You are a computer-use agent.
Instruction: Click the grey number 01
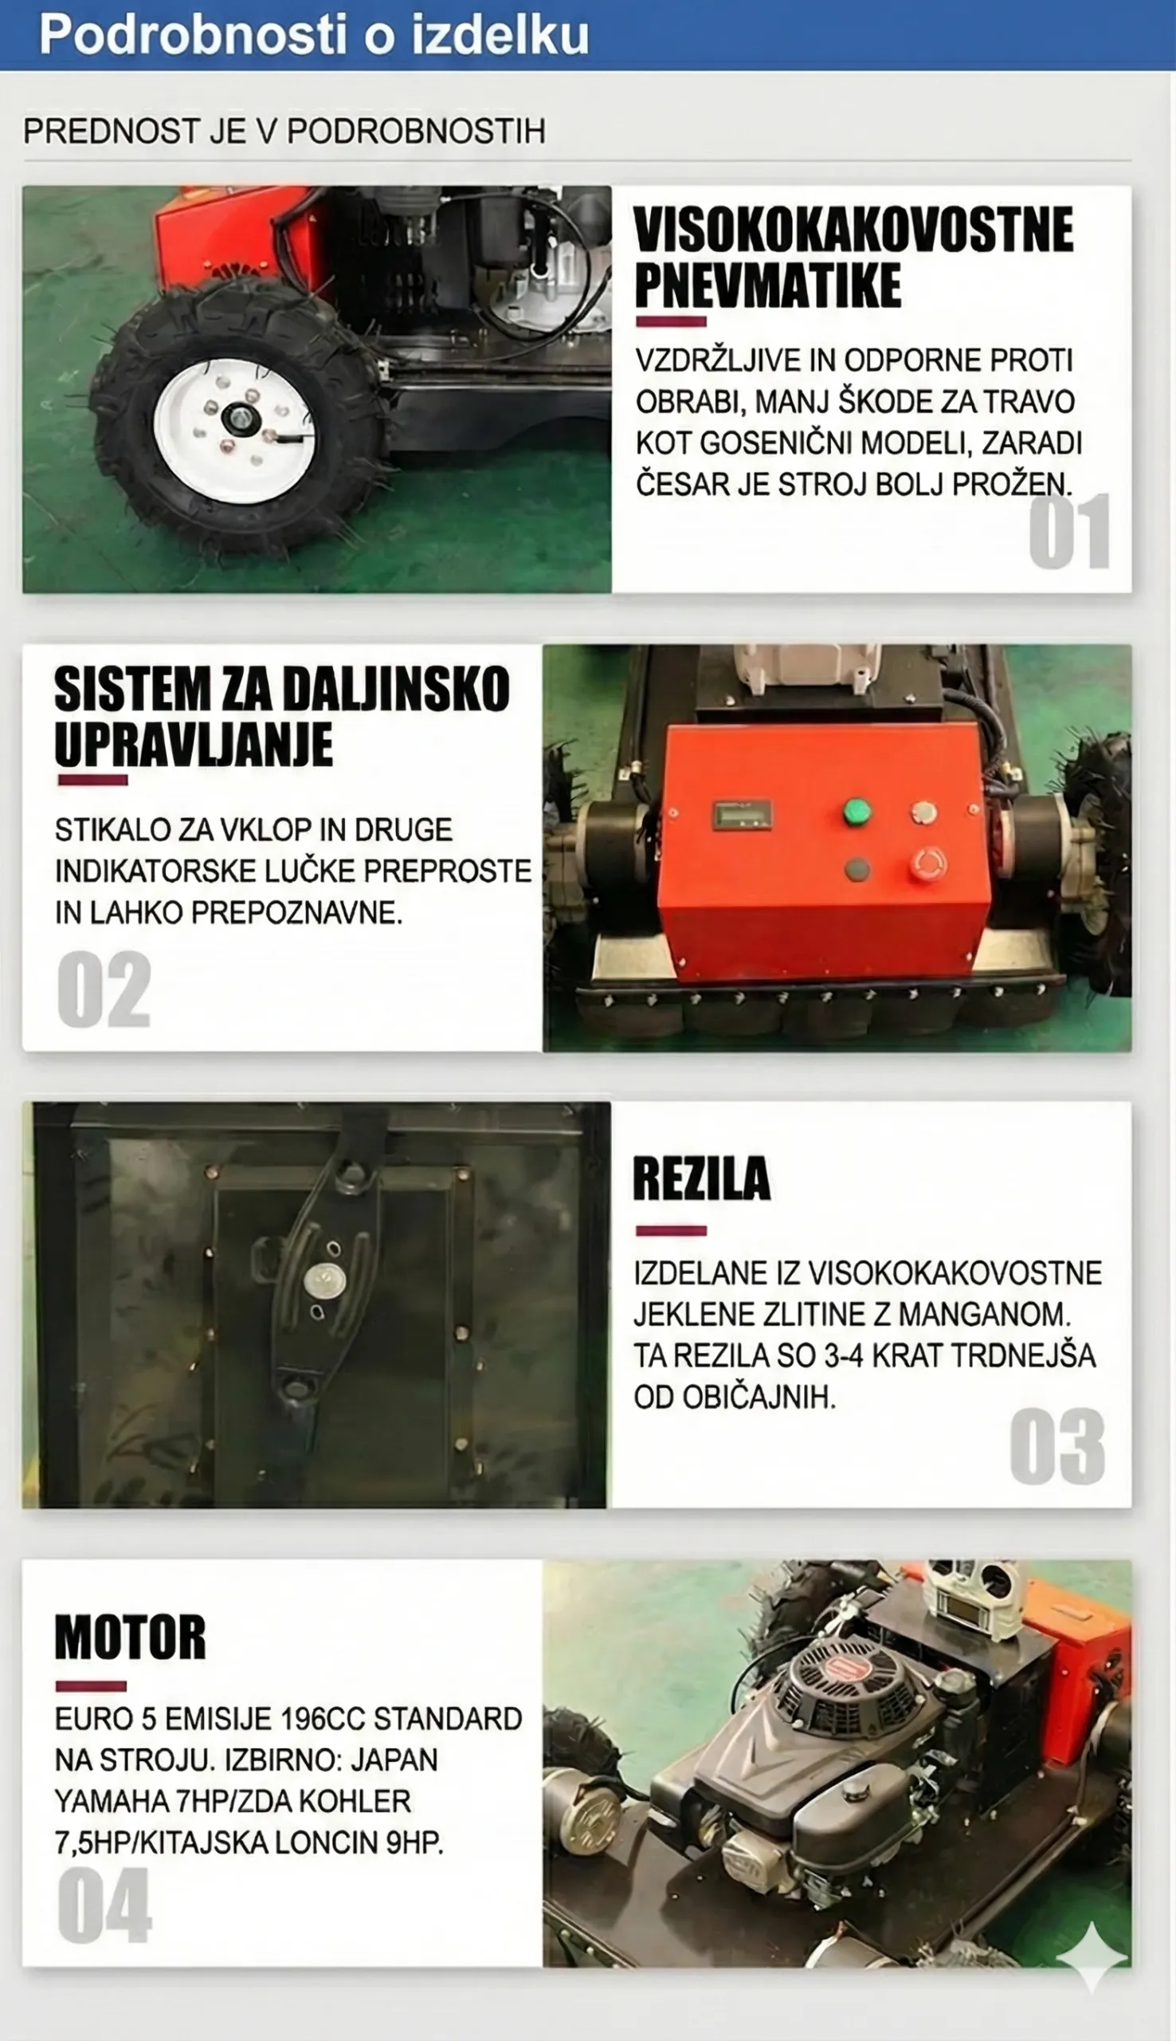click(1069, 531)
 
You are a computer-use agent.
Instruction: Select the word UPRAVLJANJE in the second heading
click(194, 744)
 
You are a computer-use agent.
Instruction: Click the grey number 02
click(104, 989)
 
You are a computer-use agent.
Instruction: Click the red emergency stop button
click(927, 863)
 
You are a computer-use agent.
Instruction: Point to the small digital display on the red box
click(742, 815)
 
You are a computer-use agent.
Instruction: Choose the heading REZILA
click(702, 1179)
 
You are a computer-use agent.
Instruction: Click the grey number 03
click(1057, 1446)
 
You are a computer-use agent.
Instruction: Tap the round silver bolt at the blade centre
click(325, 1280)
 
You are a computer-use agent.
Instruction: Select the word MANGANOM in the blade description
click(986, 1315)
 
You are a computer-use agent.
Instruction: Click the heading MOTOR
click(130, 1636)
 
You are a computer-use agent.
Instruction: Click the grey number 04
click(104, 1906)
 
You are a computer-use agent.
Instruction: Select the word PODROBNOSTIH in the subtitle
click(416, 131)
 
